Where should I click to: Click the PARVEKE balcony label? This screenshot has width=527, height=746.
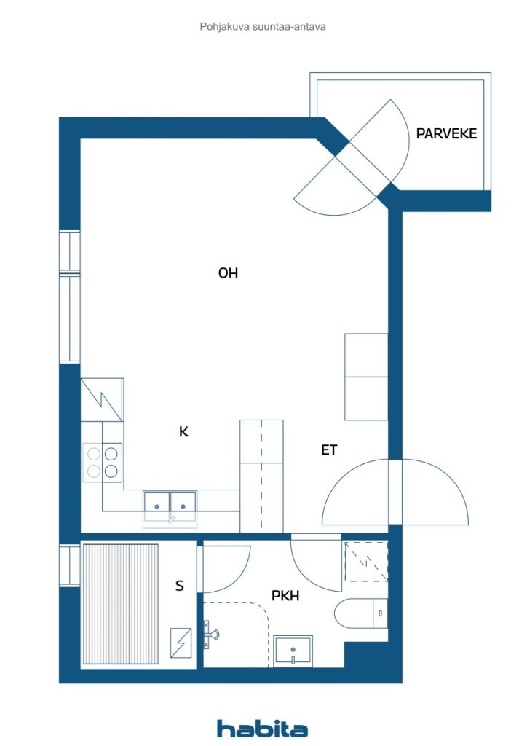pos(446,133)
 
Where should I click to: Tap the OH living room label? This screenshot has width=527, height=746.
pos(228,273)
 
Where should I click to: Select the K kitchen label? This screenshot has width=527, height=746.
pos(184,431)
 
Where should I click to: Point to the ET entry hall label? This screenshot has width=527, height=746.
pos(329,450)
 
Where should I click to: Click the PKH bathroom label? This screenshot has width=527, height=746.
pos(286,596)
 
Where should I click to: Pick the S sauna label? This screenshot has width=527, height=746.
pos(180,585)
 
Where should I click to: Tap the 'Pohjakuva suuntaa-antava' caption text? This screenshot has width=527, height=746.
pos(263,26)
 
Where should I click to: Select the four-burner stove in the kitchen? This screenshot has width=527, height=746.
pos(102,462)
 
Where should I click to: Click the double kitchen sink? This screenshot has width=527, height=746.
pos(170,503)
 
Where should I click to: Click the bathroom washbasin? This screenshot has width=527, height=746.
pos(293,648)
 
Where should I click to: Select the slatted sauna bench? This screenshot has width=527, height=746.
pos(120,604)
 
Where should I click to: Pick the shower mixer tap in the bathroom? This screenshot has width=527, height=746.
pos(211,633)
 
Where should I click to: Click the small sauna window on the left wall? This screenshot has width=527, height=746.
pos(69,565)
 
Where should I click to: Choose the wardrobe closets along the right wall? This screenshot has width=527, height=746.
pos(365,377)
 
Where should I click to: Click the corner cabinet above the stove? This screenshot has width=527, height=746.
pos(102,399)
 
